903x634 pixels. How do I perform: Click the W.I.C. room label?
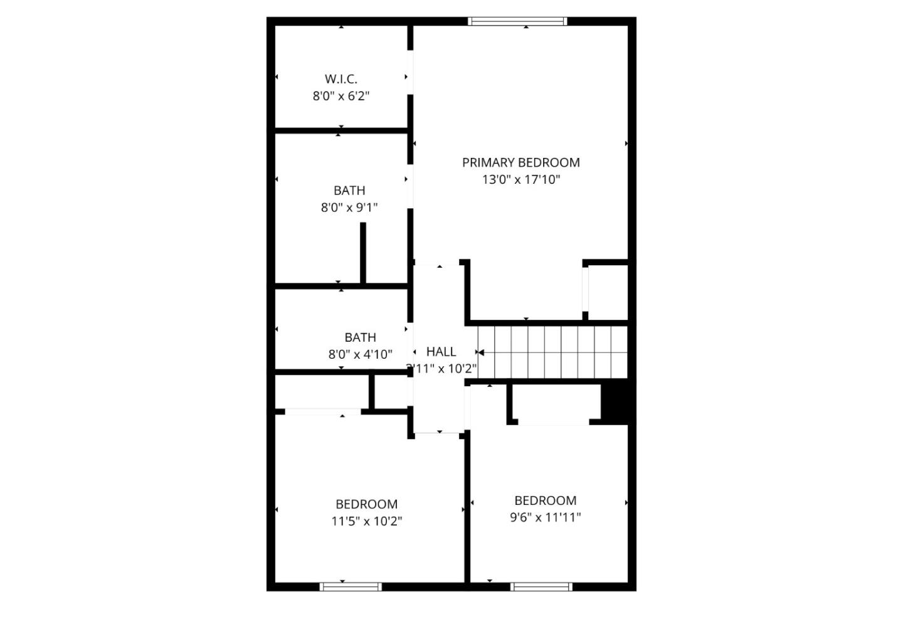(x=341, y=79)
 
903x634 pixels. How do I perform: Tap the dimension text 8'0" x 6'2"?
(x=341, y=96)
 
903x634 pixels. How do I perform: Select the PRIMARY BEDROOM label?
(x=521, y=162)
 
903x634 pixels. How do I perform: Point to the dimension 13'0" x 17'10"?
(x=521, y=179)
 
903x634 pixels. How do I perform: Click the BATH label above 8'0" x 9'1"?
(x=349, y=190)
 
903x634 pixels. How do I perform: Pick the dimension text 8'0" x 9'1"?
(x=349, y=208)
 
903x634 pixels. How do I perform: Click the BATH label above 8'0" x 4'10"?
(x=361, y=337)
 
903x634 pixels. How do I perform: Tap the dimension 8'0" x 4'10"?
(x=361, y=354)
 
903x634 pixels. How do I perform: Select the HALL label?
(x=441, y=352)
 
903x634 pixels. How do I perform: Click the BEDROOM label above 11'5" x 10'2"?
(x=366, y=504)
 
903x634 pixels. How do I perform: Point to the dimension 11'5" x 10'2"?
(x=367, y=521)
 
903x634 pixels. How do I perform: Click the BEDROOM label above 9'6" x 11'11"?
(x=546, y=500)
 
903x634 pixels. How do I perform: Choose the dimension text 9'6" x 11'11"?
(x=546, y=517)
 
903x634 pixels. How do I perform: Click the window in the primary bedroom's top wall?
(x=517, y=21)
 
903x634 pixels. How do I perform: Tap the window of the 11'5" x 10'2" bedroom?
(x=351, y=587)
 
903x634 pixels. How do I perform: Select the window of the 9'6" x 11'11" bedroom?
(x=541, y=587)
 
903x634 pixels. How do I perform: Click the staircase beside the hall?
(x=552, y=352)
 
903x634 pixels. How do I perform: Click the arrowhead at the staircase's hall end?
(x=480, y=352)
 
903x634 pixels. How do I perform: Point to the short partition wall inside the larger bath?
(x=363, y=253)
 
